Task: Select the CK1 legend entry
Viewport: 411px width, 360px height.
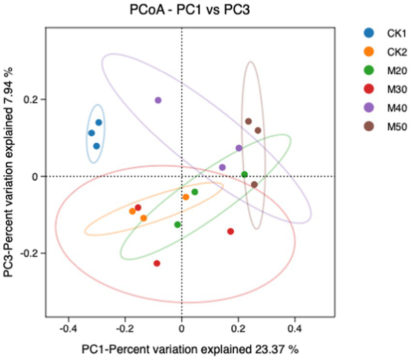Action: click(x=382, y=33)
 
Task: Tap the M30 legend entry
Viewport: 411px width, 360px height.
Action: click(x=382, y=89)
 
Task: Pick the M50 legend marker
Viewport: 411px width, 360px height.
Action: click(x=369, y=126)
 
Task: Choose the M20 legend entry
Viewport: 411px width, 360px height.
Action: click(x=382, y=70)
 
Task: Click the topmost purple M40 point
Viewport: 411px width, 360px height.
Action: click(x=158, y=100)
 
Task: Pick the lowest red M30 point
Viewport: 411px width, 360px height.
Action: click(x=157, y=263)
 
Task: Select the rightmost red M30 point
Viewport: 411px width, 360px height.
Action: click(x=230, y=232)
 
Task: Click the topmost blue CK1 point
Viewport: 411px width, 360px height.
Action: click(x=99, y=123)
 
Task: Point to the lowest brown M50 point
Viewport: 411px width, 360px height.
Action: click(x=255, y=184)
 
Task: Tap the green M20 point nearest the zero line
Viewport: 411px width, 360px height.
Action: click(x=244, y=175)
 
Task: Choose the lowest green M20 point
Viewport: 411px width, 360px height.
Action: click(x=177, y=225)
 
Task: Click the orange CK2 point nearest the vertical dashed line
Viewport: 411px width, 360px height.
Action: click(x=186, y=197)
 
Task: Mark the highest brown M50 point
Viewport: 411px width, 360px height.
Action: click(x=248, y=122)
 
